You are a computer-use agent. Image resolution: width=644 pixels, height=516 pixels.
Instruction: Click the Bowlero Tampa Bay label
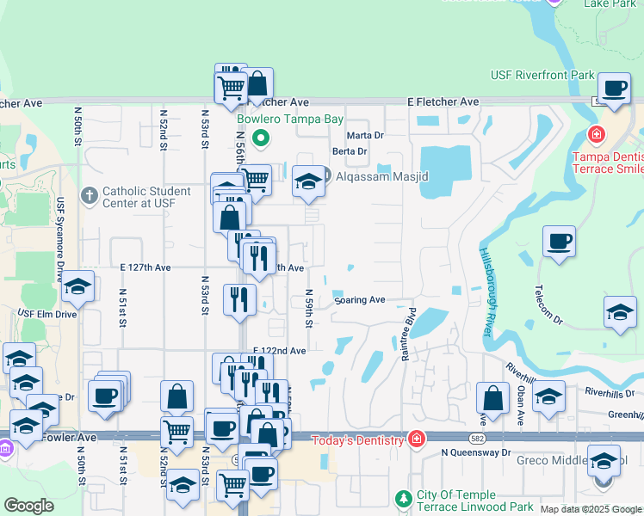[x=290, y=119]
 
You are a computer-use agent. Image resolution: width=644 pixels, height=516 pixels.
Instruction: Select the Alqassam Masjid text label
[x=381, y=176]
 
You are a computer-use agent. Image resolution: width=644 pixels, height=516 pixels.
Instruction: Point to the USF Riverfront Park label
[x=542, y=76]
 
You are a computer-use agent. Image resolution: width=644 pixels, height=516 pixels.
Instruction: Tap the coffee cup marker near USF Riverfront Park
[x=614, y=89]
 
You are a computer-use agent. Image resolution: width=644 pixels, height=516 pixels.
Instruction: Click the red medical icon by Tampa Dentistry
[x=595, y=135]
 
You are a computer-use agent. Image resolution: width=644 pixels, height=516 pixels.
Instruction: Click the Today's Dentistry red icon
[x=417, y=440]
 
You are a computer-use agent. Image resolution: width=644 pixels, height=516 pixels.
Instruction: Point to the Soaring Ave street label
[x=359, y=301]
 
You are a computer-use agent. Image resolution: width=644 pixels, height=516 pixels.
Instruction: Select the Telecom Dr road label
[x=548, y=306]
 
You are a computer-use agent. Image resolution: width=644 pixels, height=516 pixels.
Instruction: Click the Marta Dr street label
[x=364, y=136]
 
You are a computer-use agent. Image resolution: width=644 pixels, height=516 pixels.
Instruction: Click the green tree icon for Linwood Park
[x=404, y=499]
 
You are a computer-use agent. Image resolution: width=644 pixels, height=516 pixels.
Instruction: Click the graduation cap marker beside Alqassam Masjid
[x=308, y=181]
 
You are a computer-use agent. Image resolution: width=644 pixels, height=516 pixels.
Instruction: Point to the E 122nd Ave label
[x=279, y=351]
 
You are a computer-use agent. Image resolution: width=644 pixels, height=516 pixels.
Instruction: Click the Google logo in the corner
[x=29, y=506]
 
